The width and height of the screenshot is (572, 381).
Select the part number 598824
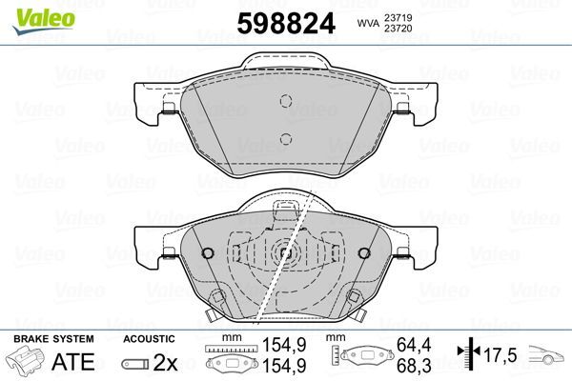285,24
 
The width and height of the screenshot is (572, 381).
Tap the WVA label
365,23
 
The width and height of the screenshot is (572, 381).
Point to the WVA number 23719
398,16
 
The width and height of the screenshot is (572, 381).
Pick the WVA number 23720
398,30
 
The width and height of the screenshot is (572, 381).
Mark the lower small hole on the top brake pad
285,139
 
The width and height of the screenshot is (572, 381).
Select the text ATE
72,364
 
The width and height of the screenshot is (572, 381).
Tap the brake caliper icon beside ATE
26,364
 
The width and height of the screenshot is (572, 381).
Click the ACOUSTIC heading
148,339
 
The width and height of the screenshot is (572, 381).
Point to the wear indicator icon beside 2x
135,364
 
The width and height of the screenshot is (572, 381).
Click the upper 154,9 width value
277,351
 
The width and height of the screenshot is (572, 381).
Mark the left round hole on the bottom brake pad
209,253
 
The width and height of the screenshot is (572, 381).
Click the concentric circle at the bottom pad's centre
285,253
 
